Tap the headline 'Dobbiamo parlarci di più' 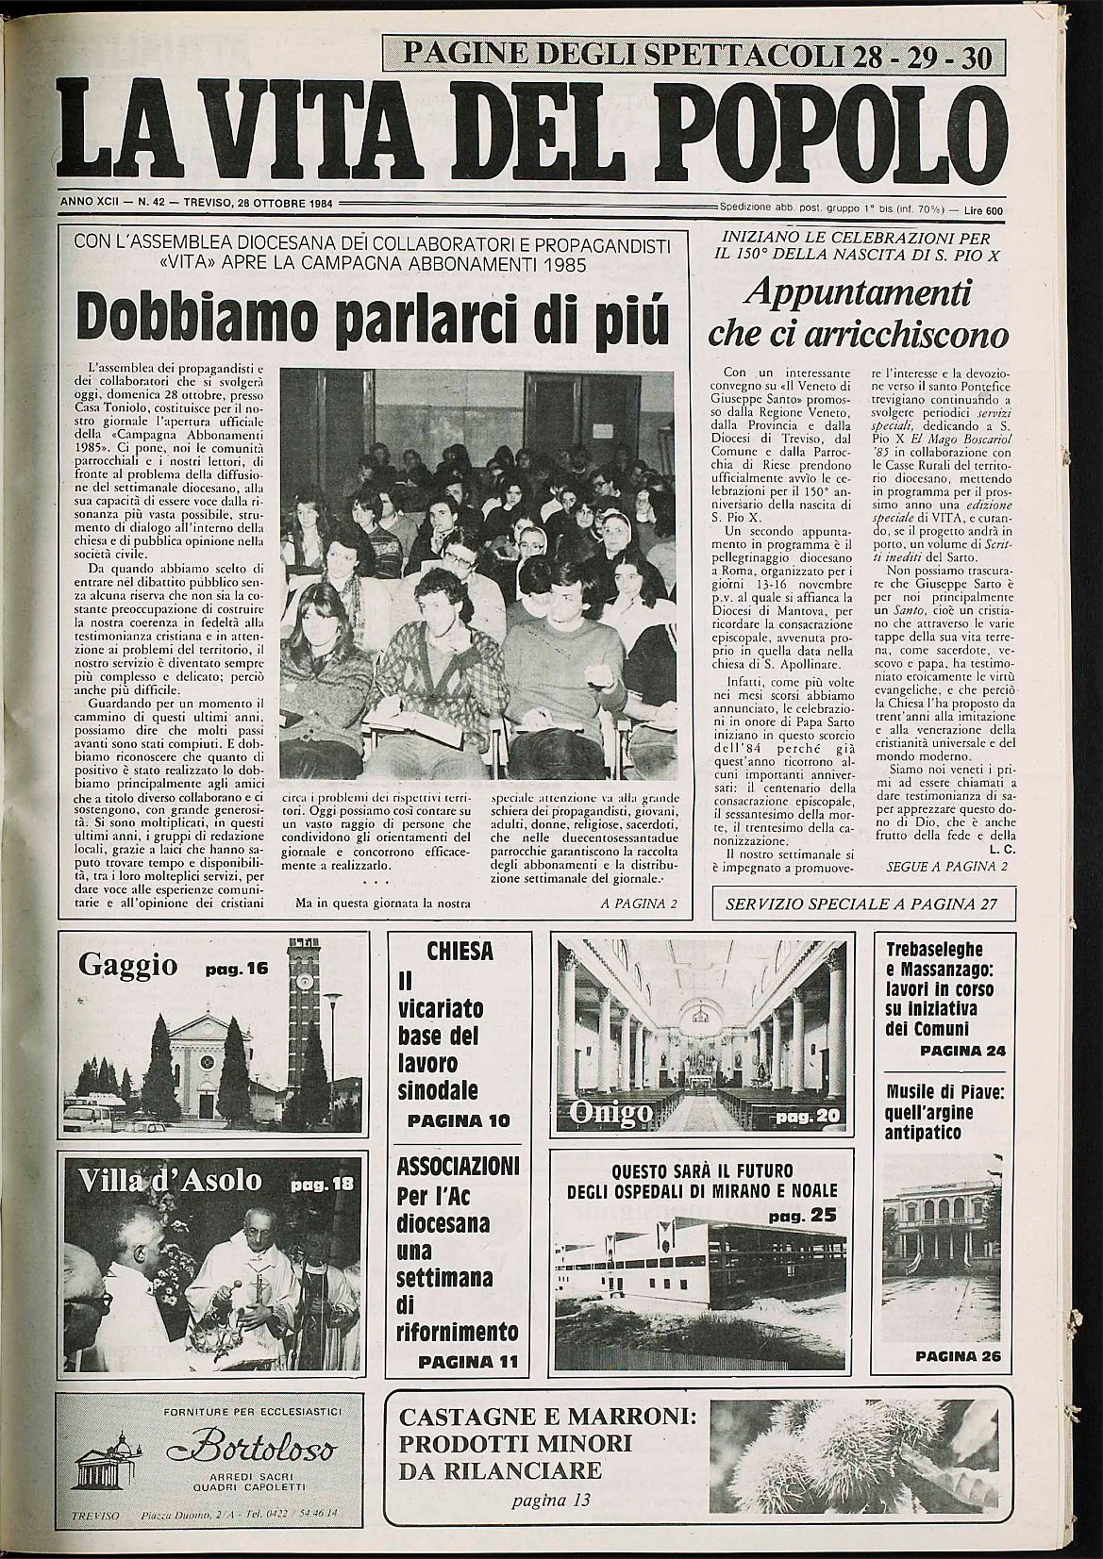pos(375,320)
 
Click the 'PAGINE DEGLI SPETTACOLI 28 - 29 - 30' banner pos(696,56)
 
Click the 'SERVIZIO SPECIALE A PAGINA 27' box pos(861,904)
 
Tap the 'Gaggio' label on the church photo pos(128,965)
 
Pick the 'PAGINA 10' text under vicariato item pos(459,1120)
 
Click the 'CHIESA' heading pos(460,951)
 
